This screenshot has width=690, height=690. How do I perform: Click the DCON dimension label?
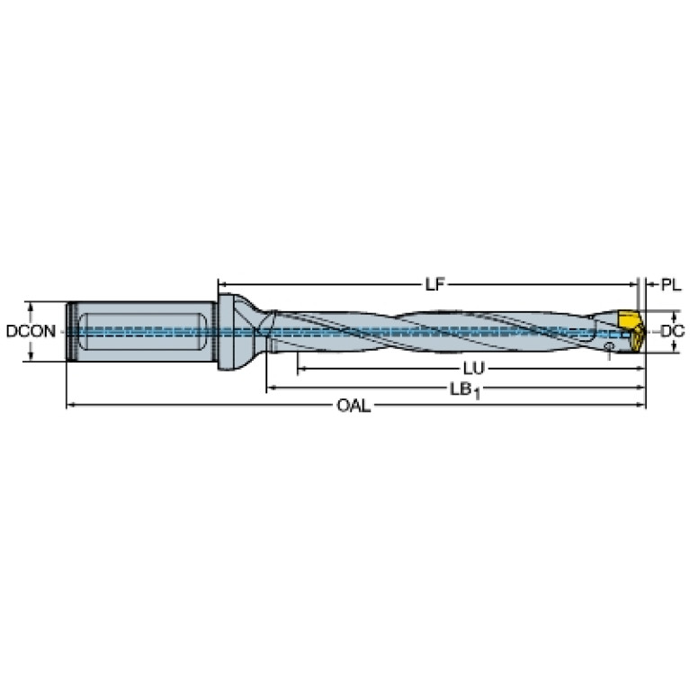(x=31, y=331)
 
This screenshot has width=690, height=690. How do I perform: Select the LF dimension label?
(x=435, y=284)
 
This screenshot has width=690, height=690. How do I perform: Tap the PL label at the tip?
(x=671, y=285)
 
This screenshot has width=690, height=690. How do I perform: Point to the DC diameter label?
(x=673, y=331)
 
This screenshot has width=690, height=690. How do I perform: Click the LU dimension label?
(x=473, y=368)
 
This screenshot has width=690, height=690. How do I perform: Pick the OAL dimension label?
(x=354, y=406)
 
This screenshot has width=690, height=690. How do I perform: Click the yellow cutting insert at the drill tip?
(x=631, y=331)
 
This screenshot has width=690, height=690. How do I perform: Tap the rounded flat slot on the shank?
(x=142, y=332)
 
